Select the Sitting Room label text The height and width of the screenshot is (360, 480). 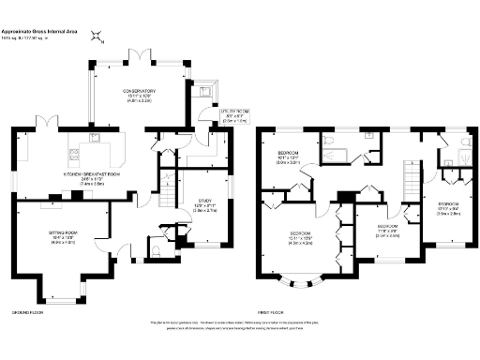(62, 237)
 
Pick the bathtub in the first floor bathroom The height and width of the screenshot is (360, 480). (350, 150)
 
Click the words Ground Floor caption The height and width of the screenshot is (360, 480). (25, 311)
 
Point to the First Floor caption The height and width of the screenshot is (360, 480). (270, 311)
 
